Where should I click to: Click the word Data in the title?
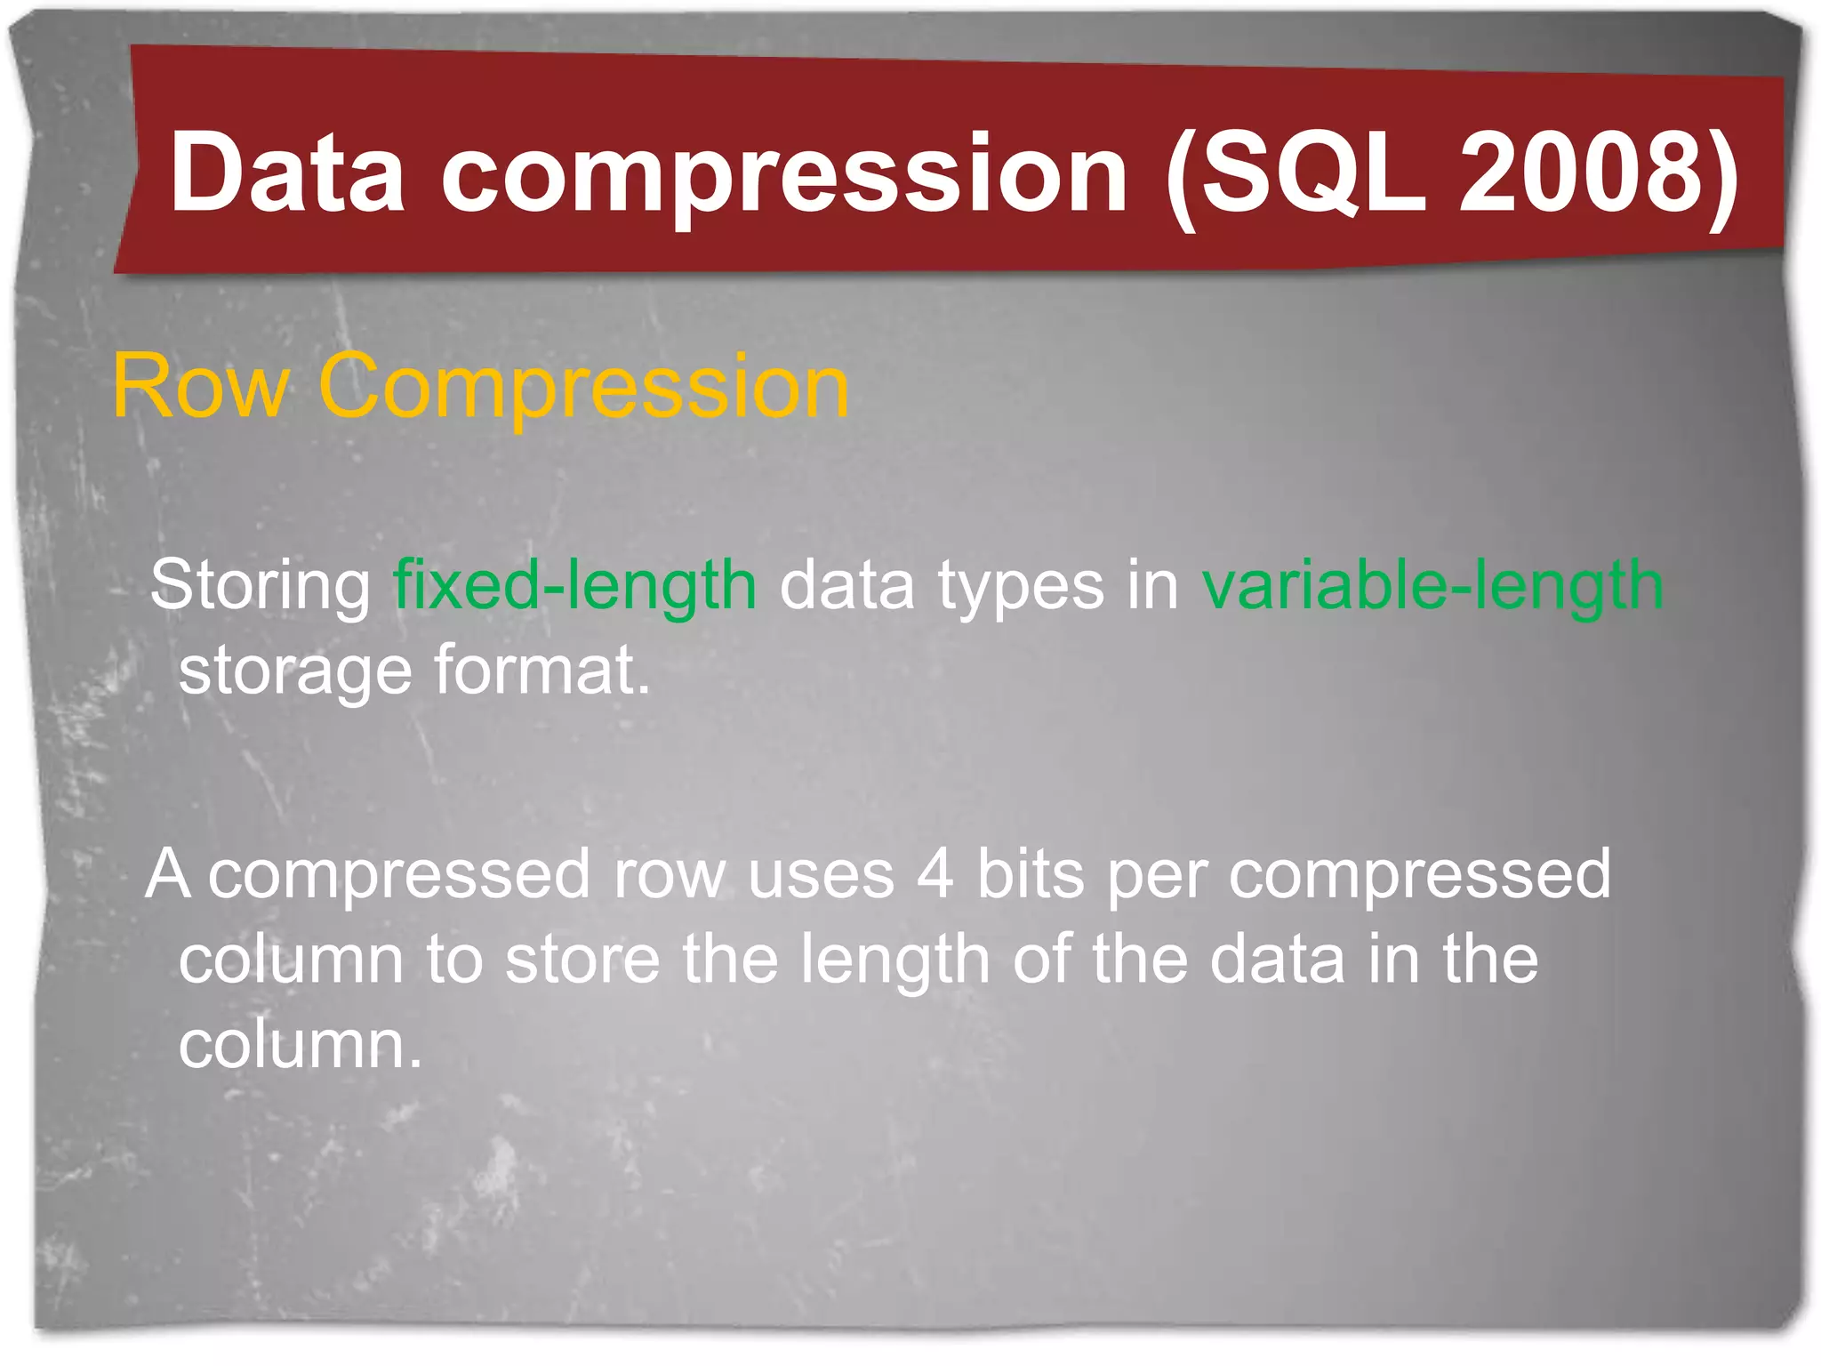click(287, 173)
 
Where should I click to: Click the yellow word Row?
click(201, 386)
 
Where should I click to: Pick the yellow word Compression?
click(583, 388)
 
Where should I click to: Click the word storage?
click(295, 672)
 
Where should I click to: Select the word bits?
click(1031, 874)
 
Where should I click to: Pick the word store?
click(582, 960)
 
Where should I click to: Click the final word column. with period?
click(300, 1045)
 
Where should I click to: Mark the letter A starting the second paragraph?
click(168, 874)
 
